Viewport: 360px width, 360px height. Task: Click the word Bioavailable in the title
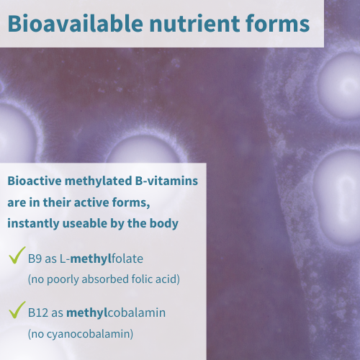pos(76,23)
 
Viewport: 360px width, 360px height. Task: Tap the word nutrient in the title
pos(194,24)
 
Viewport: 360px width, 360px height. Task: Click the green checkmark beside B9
pos(17,255)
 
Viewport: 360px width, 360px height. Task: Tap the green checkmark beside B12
pos(17,310)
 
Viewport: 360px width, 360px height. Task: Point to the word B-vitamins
pos(166,181)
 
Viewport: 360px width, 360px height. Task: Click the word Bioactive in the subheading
pos(35,181)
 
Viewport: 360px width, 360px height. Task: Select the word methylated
pos(99,181)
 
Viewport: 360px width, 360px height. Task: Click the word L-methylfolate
pos(102,259)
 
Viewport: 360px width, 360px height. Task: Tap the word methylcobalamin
pos(116,313)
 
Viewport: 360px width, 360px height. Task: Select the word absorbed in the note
pos(105,279)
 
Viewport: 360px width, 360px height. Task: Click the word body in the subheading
pos(164,224)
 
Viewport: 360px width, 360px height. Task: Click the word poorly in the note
pos(63,279)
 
